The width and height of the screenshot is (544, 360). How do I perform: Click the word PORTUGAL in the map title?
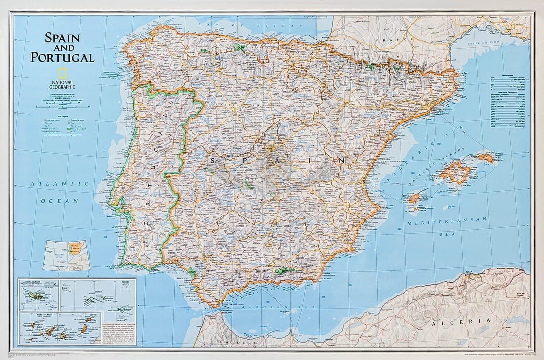point(62,57)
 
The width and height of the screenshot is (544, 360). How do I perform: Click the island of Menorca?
point(487,158)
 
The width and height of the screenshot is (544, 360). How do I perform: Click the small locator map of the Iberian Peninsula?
point(66,255)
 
